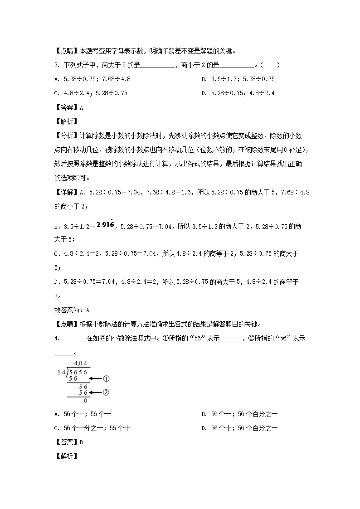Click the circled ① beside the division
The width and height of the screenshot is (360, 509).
point(107,378)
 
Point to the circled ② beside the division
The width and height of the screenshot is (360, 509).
point(107,393)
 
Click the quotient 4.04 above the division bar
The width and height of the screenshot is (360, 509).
point(80,364)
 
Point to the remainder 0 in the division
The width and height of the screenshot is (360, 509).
point(85,401)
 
